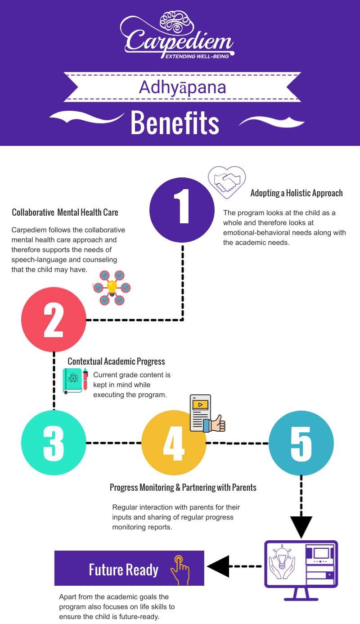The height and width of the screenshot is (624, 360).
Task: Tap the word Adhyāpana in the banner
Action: coord(182,87)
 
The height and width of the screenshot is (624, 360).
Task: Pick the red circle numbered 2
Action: coord(54,320)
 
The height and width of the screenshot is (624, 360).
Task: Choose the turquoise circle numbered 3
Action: coord(54,443)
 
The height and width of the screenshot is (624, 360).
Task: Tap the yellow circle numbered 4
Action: coord(174,443)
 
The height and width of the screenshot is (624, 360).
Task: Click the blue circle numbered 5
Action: coord(301,443)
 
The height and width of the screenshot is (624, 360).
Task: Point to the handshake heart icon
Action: coord(227,182)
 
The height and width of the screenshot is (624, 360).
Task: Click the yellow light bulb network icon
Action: coord(112,287)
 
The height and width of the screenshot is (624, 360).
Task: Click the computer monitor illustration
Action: coord(301,570)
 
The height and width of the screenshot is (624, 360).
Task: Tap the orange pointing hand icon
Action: coord(179,570)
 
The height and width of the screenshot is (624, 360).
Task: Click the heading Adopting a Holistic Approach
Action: coord(297,193)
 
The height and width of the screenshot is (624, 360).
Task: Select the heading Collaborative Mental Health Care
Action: coord(65,212)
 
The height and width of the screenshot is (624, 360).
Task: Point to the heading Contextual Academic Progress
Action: coord(116,362)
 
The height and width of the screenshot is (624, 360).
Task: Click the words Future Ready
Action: coord(124,570)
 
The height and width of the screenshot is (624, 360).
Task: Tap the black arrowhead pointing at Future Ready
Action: coord(218,566)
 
